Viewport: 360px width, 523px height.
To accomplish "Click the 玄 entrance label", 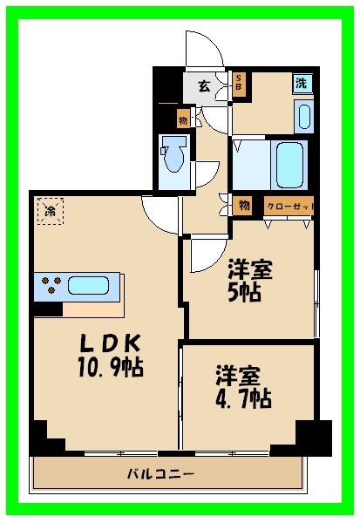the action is [x=205, y=86].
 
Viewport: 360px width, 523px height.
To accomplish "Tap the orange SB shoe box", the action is [x=239, y=85].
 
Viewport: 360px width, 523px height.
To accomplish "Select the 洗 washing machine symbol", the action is [x=302, y=83].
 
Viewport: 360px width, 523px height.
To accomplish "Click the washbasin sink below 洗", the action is [x=304, y=117].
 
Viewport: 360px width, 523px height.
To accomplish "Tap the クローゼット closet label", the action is [x=289, y=207].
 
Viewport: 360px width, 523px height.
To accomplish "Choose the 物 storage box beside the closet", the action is [x=242, y=206].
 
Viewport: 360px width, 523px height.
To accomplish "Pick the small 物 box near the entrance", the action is [x=183, y=119].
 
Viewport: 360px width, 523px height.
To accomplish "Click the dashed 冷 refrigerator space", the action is [x=51, y=211].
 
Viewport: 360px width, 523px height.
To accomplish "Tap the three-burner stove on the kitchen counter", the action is [x=51, y=284].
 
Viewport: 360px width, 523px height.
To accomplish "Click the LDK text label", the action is [x=110, y=343].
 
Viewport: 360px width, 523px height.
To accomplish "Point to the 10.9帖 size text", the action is [x=111, y=367].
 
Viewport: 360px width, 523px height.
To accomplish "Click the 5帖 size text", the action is [x=244, y=293].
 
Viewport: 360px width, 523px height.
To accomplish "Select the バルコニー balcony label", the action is [x=160, y=473].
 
